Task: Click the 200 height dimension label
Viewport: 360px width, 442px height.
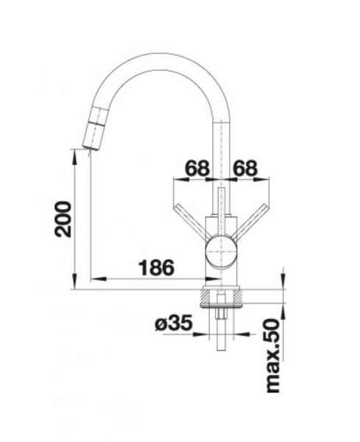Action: point(63,219)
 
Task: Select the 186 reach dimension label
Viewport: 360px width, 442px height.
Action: point(157,267)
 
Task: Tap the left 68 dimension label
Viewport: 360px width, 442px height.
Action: point(197,168)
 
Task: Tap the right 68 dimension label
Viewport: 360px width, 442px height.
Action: point(245,168)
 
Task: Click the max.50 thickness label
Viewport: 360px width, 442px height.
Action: point(273,356)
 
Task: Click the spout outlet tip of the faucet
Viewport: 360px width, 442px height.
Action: point(91,147)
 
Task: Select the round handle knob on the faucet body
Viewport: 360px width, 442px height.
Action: point(221,251)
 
